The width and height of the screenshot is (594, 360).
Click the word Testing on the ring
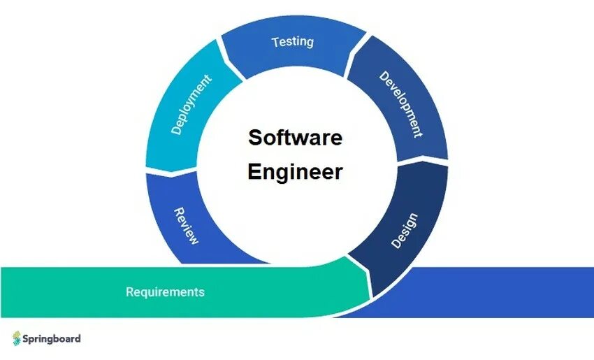coord(292,41)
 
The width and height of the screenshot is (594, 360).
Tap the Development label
coord(400,104)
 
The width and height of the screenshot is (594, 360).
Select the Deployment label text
coord(191,106)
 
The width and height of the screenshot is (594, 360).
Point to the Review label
coord(186,225)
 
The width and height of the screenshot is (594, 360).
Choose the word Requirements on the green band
coord(165,291)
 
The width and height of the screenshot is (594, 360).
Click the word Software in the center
coord(295,137)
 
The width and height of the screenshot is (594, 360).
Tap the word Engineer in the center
coord(295,172)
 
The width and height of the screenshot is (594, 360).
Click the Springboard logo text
coord(53,338)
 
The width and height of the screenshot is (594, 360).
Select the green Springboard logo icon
coord(16,338)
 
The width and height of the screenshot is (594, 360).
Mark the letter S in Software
coord(254,137)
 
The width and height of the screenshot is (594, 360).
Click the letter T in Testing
coord(275,42)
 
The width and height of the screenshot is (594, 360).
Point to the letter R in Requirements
coord(129,291)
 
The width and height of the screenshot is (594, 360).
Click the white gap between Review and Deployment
coord(172,170)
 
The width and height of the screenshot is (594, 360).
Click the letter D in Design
coord(396,244)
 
